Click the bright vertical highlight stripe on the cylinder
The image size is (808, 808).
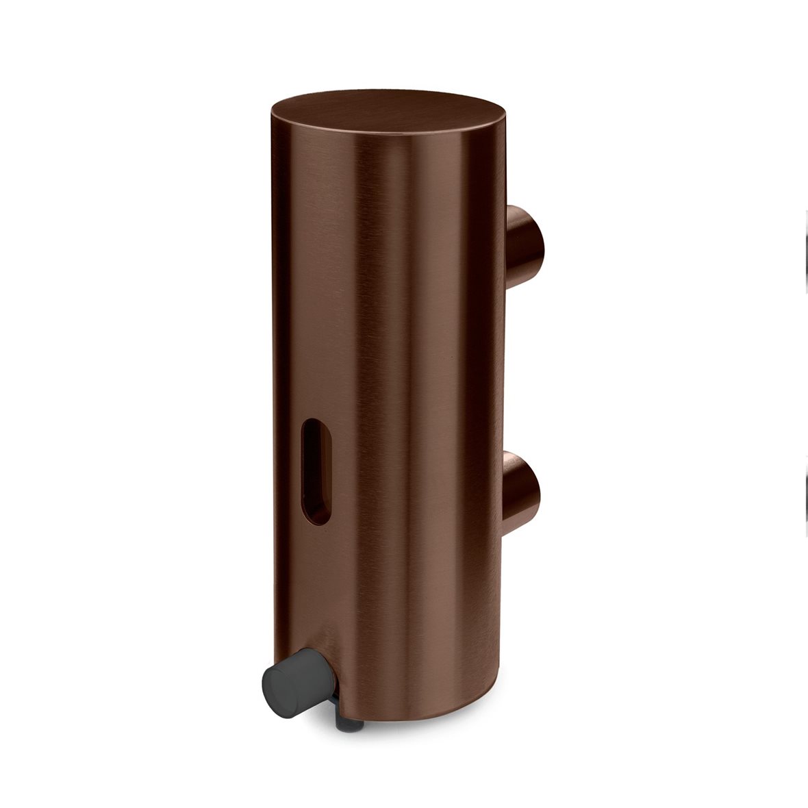[411, 411]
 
